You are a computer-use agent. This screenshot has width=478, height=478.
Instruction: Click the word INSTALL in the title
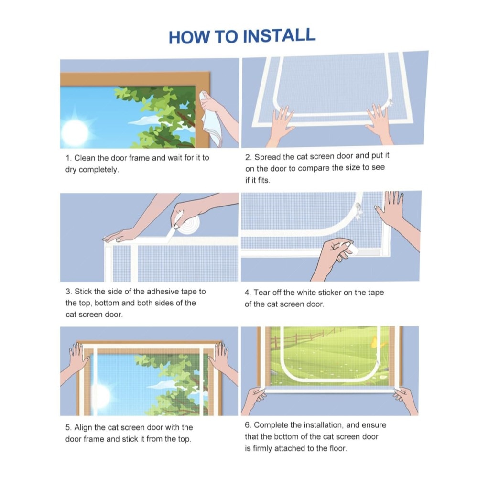tap(279, 36)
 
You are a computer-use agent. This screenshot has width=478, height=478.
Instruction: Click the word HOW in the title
tap(189, 37)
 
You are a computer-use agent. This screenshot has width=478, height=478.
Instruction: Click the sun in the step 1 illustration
tap(75, 132)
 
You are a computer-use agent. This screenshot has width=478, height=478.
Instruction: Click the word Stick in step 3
tap(83, 292)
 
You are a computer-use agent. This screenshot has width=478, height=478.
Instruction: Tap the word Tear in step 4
tap(262, 293)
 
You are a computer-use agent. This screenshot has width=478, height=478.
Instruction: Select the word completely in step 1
tap(98, 170)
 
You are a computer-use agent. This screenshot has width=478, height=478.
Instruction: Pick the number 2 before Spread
tap(248, 158)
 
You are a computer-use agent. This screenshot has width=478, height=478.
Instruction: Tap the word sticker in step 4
tap(329, 293)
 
